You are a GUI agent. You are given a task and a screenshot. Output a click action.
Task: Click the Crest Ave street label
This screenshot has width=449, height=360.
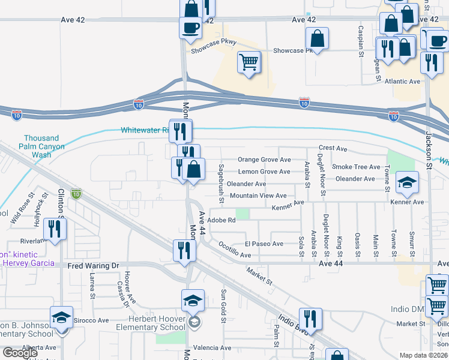point(333,148)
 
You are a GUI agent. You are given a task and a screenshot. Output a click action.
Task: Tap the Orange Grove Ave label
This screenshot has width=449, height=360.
point(264,160)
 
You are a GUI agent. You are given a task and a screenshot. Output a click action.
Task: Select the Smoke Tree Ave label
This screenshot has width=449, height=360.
point(356,167)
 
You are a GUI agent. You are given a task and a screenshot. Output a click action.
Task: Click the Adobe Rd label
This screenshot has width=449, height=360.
point(221,220)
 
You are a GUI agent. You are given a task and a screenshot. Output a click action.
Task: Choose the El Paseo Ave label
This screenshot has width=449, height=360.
point(264,244)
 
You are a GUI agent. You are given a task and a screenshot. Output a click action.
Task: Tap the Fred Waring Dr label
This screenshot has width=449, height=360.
point(94,265)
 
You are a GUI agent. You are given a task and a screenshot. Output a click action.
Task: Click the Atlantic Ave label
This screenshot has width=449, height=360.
point(403,81)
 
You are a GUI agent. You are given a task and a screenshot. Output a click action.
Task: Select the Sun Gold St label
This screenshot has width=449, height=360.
point(223,305)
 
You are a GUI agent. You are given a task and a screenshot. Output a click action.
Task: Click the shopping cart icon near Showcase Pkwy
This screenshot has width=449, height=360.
point(249,62)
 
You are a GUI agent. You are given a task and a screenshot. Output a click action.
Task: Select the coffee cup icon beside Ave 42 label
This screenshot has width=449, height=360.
point(190,28)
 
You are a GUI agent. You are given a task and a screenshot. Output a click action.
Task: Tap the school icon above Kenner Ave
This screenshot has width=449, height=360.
point(407,183)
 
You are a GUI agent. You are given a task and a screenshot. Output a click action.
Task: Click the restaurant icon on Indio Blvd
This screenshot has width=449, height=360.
point(310,319)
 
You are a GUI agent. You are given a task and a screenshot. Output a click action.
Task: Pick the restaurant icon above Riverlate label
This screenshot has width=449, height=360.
point(55,229)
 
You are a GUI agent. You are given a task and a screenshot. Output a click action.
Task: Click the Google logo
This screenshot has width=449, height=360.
point(20,353)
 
